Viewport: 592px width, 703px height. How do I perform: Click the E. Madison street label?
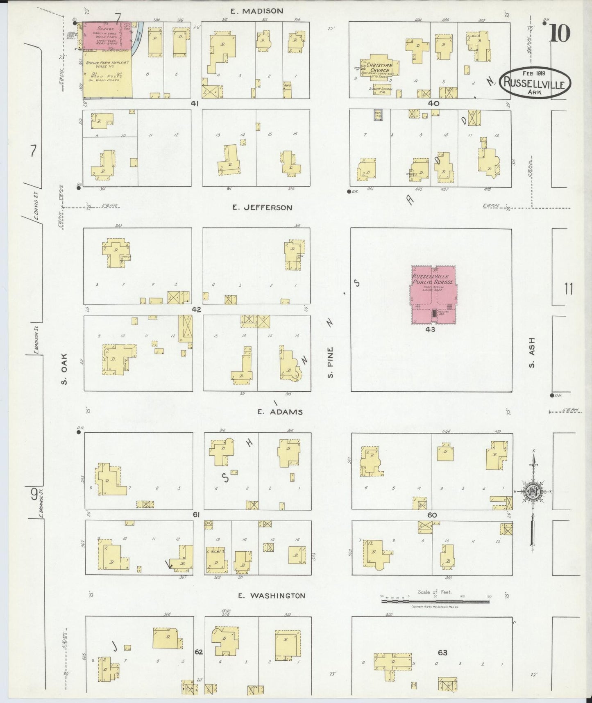point(256,11)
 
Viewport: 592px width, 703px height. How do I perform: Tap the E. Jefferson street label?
point(262,208)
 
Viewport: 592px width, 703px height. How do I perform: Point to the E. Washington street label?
point(272,596)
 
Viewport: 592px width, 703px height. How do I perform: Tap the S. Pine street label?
point(331,362)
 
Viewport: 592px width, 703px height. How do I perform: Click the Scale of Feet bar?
point(435,601)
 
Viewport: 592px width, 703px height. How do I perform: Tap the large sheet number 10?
point(559,33)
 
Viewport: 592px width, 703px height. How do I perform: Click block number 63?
point(442,653)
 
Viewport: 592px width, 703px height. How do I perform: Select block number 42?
point(196,310)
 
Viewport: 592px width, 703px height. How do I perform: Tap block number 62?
point(199,652)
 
